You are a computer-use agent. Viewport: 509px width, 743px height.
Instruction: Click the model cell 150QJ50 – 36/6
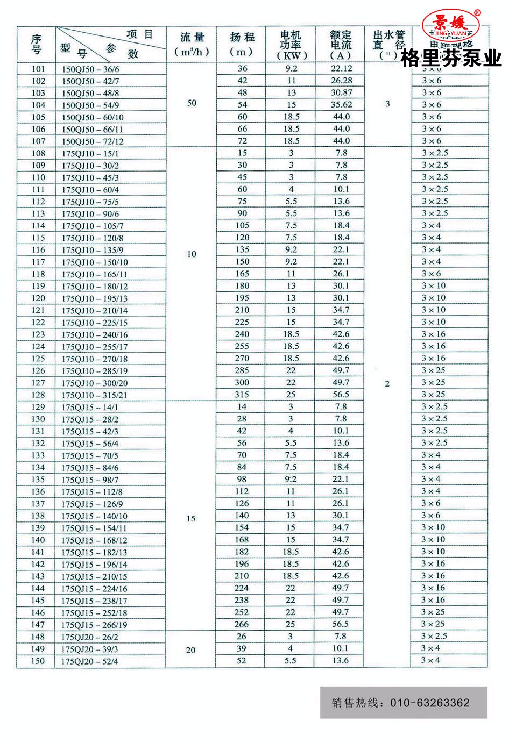pyautogui.click(x=90, y=69)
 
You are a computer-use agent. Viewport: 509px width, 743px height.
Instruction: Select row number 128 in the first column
pyautogui.click(x=38, y=395)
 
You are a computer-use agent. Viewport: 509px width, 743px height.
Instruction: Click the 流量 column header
pyautogui.click(x=192, y=44)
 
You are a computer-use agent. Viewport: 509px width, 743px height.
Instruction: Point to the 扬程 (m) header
pyautogui.click(x=242, y=44)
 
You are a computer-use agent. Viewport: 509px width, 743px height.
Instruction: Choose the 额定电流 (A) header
pyautogui.click(x=340, y=45)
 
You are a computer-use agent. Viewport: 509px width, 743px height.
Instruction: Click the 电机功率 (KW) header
pyautogui.click(x=291, y=45)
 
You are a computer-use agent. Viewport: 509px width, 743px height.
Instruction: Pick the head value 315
pyautogui.click(x=242, y=395)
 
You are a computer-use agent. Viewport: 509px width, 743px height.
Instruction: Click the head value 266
pyautogui.click(x=242, y=624)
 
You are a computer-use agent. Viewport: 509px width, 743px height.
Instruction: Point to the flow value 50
pyautogui.click(x=192, y=103)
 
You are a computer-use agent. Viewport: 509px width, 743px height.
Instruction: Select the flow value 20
pyautogui.click(x=190, y=650)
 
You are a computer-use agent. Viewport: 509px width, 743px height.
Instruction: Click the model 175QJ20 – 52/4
pyautogui.click(x=89, y=661)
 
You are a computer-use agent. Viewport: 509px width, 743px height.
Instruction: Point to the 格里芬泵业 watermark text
pyautogui.click(x=451, y=58)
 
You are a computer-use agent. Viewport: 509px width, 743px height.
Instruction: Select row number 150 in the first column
pyautogui.click(x=38, y=661)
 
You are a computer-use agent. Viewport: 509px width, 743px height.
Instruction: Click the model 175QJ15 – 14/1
pyautogui.click(x=89, y=408)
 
